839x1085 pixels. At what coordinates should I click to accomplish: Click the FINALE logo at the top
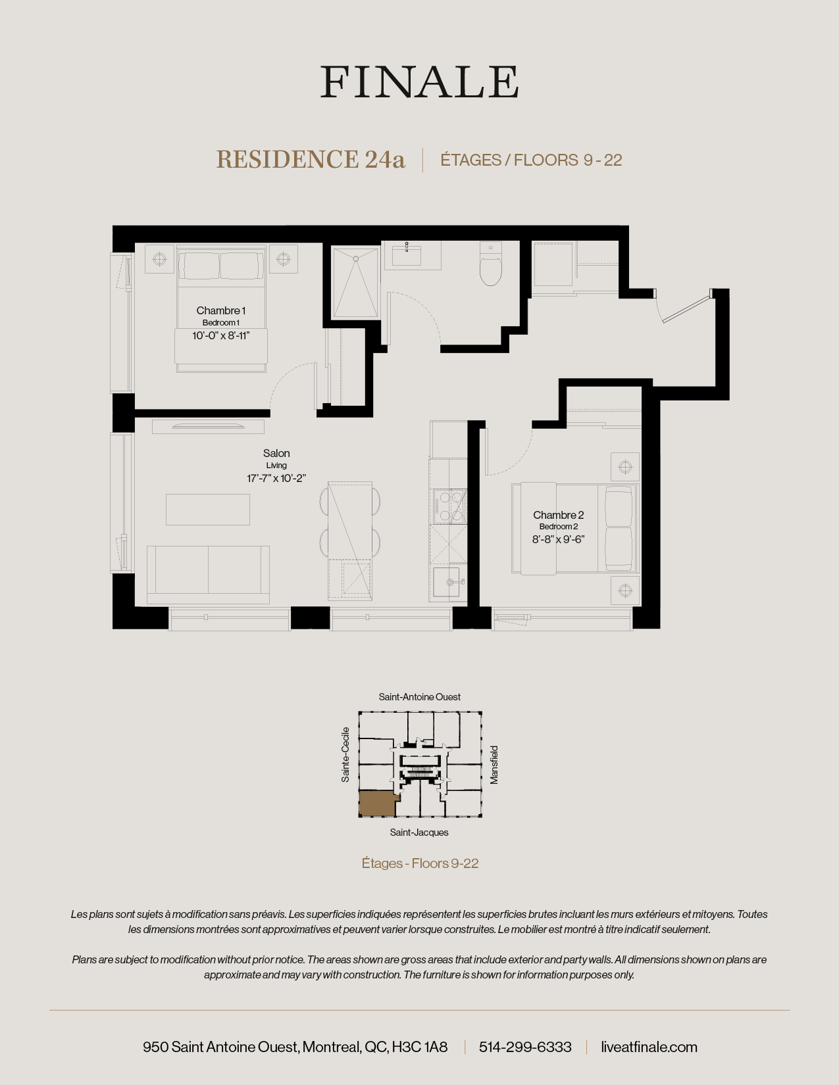[419, 82]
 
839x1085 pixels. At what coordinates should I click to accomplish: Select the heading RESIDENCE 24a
[311, 160]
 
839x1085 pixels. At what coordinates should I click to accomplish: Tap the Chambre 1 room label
[221, 310]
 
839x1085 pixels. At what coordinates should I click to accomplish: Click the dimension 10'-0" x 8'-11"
[221, 335]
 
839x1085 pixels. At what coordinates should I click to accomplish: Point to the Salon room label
[276, 453]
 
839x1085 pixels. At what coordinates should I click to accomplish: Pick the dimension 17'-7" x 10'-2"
[276, 478]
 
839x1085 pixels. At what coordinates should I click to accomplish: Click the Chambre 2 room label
[558, 515]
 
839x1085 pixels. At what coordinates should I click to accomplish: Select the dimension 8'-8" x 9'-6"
[558, 539]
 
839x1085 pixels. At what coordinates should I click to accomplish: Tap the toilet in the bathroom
[491, 264]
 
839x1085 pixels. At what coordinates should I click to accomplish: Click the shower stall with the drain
[355, 283]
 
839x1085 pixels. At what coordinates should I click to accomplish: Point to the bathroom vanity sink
[407, 255]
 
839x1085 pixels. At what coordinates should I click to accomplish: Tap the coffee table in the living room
[208, 509]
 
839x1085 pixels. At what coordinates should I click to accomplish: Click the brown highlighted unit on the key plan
[376, 804]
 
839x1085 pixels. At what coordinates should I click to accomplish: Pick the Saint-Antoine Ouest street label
[419, 697]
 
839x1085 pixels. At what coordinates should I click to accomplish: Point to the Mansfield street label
[494, 764]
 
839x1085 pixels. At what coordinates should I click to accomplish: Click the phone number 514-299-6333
[525, 1047]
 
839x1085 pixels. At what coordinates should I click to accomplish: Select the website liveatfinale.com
[649, 1047]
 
